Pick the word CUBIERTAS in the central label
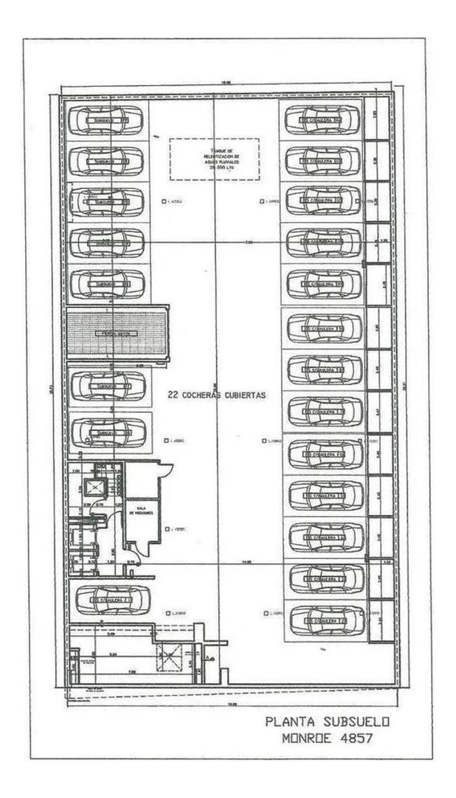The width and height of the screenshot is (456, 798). point(242,394)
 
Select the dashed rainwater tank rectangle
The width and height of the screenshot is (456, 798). point(214,159)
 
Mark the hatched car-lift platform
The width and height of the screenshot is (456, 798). point(117,333)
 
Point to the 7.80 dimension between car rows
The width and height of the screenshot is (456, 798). point(249,242)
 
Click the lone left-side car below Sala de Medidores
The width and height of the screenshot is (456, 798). point(112,600)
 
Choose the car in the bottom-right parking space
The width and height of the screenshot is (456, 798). point(324,621)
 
